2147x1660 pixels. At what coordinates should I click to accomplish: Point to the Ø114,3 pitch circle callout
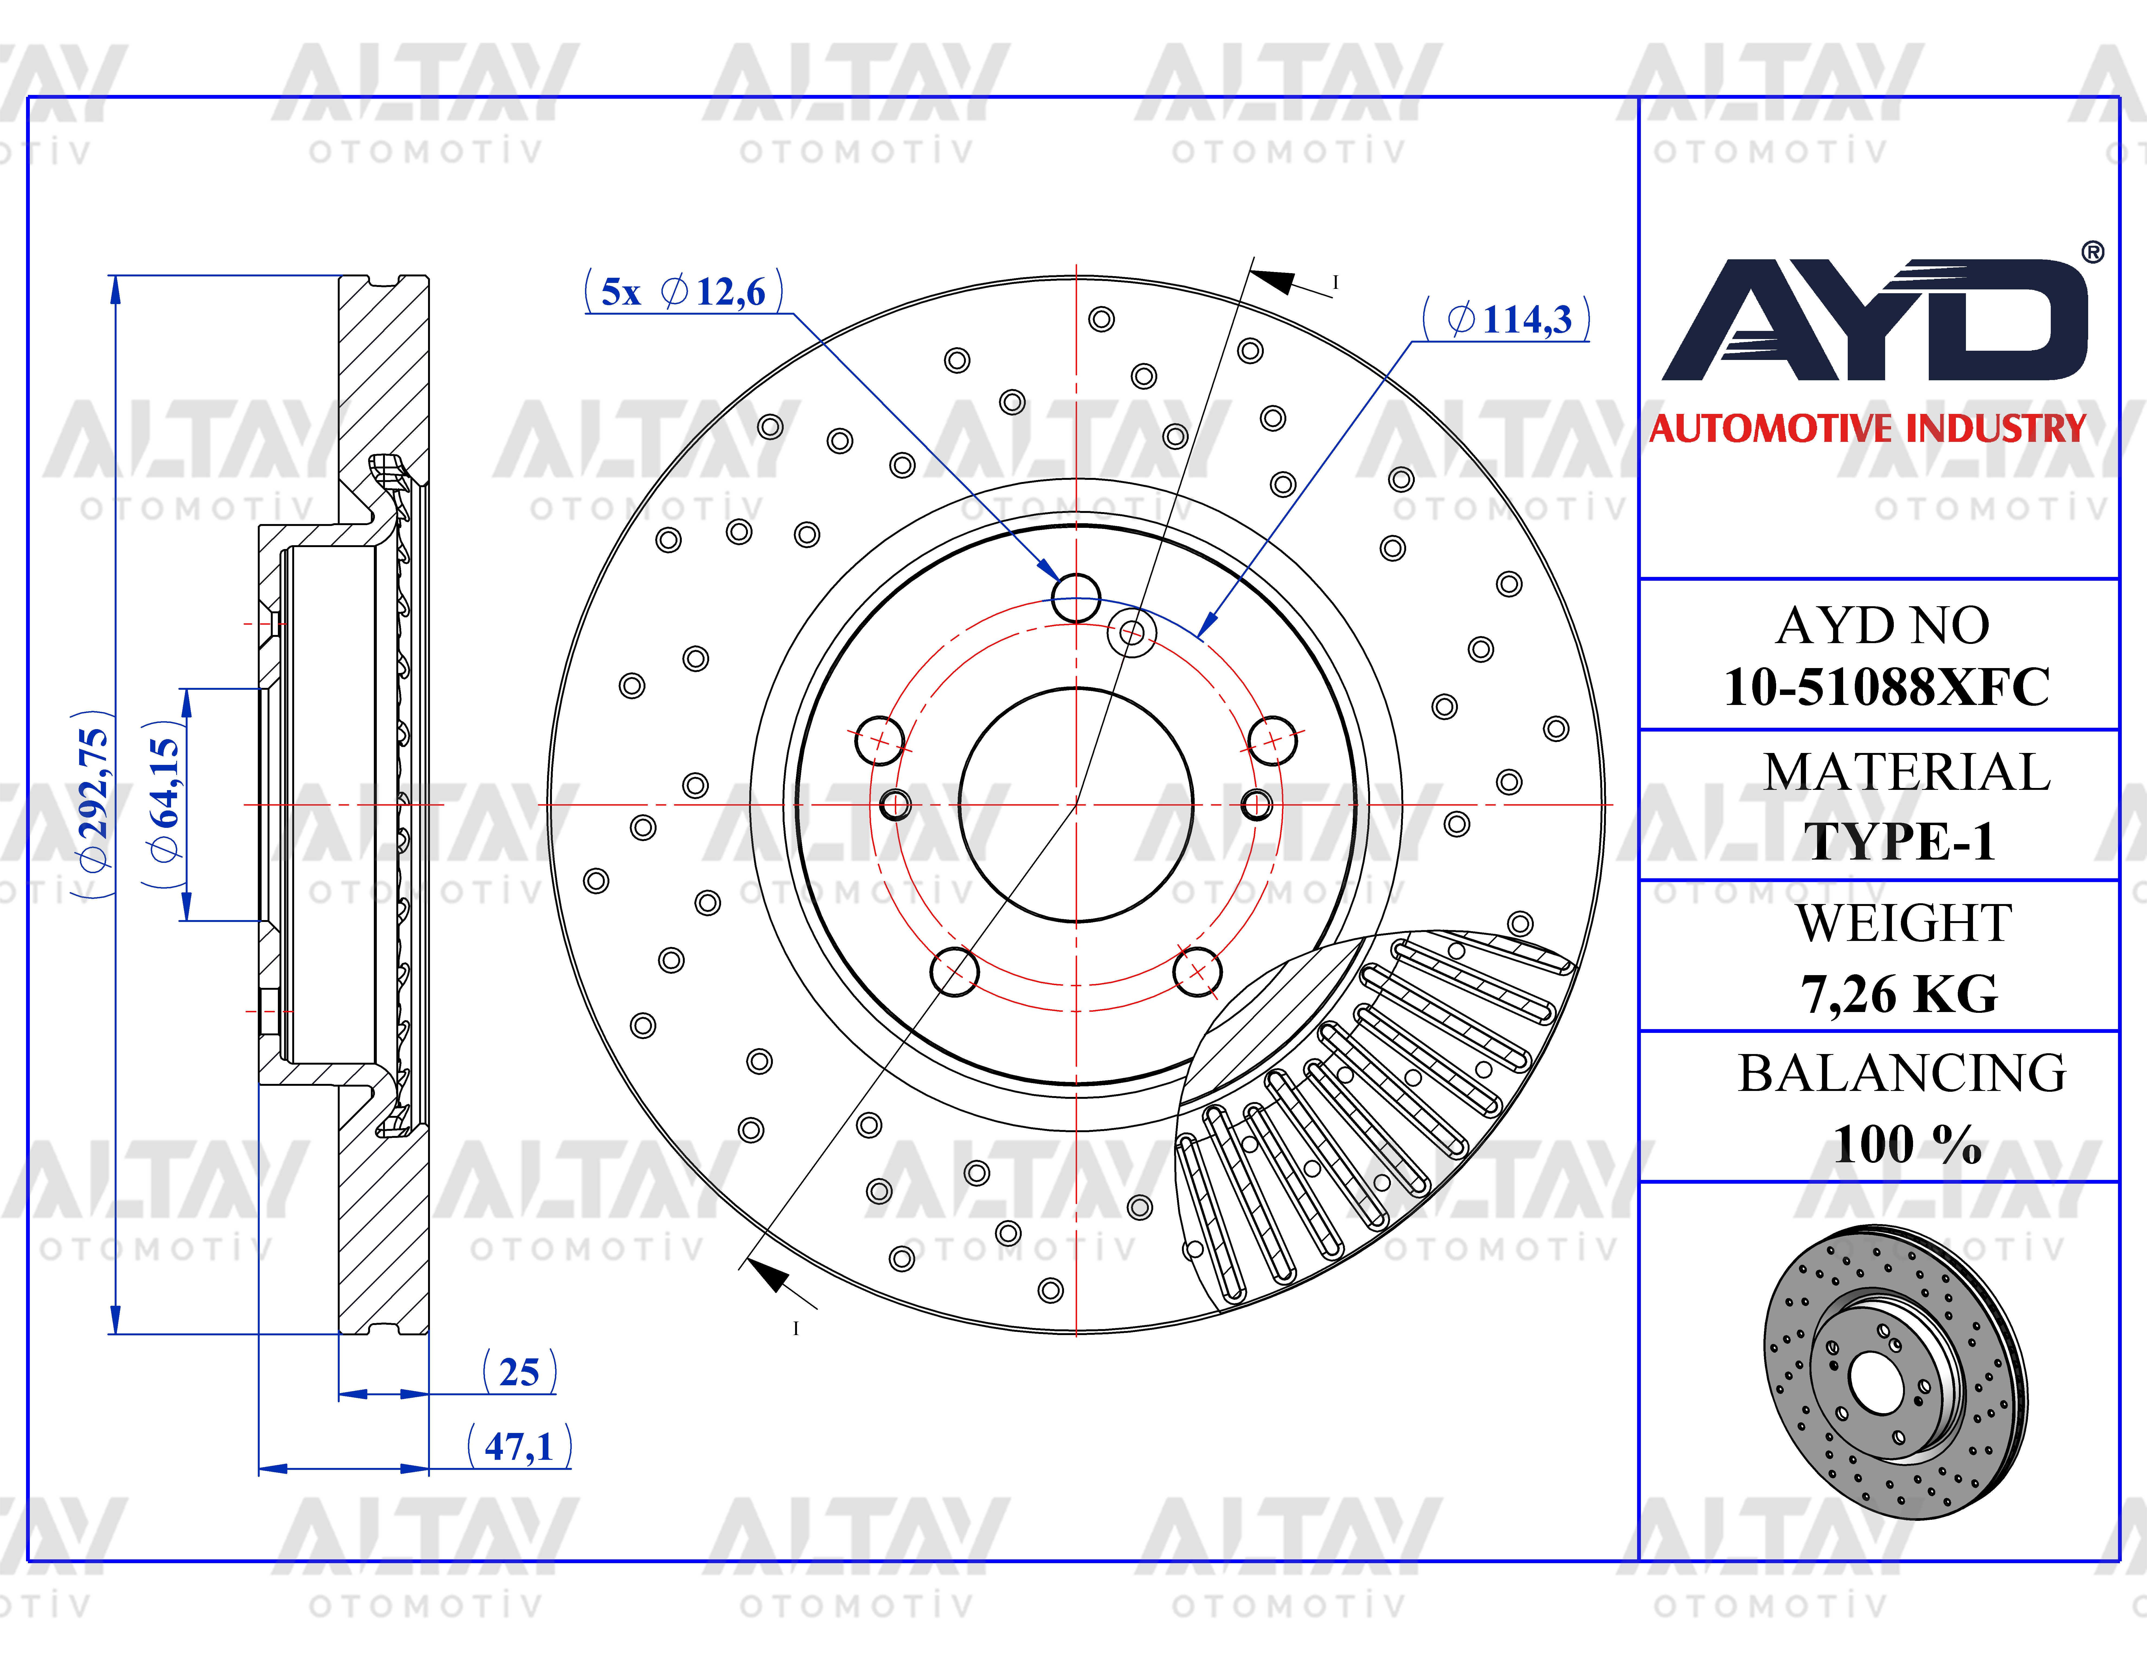click(1506, 319)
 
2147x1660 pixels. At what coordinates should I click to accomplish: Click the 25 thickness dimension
click(519, 1372)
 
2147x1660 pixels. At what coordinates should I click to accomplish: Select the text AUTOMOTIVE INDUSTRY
click(1868, 429)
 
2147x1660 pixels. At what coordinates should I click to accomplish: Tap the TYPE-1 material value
click(1899, 842)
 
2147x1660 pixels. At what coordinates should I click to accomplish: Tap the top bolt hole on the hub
click(1076, 598)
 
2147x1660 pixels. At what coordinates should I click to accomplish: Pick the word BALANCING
click(1902, 1073)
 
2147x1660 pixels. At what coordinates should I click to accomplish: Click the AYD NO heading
click(1883, 625)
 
